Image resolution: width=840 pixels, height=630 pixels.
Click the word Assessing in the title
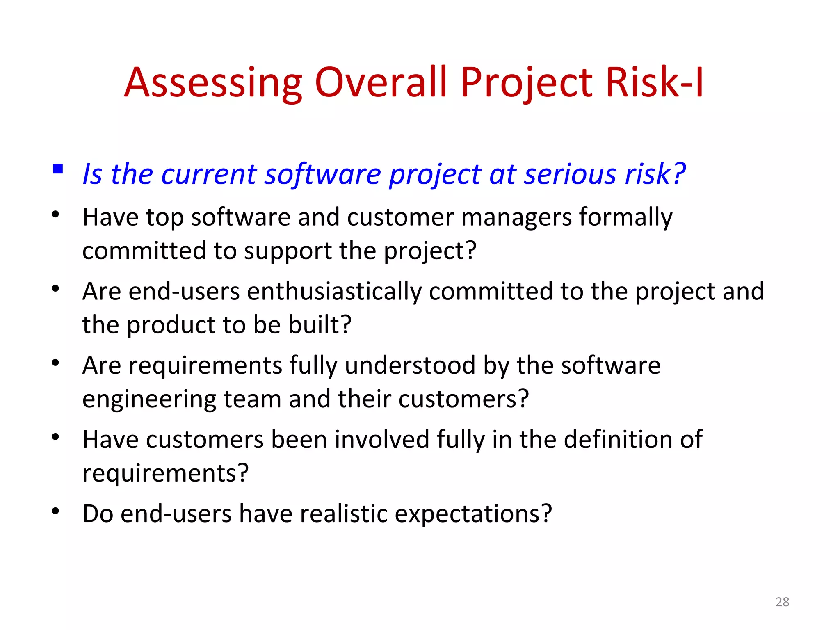pos(213,83)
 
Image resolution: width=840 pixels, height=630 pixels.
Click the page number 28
pos(782,602)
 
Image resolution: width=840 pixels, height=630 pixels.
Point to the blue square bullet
pos(58,169)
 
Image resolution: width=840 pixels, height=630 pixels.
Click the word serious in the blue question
pos(571,174)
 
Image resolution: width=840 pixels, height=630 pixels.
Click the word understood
pos(410,365)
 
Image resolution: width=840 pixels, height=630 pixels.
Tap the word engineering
pos(149,399)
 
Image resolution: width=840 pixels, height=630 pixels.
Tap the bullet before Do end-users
pos(56,511)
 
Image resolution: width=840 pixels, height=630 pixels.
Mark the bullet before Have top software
pos(56,214)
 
